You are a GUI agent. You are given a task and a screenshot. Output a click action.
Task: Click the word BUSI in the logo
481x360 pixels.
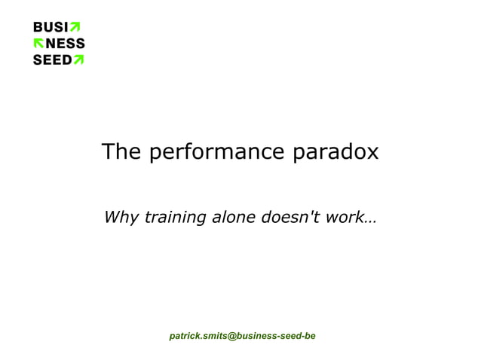click(x=47, y=28)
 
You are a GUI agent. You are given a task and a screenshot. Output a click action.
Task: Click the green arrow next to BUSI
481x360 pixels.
click(x=74, y=28)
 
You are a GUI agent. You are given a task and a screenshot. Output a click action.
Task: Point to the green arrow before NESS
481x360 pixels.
click(x=38, y=44)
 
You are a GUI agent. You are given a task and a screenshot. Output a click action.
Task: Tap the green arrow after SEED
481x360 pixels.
click(x=78, y=59)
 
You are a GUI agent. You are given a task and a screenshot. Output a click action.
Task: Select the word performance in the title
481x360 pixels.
click(x=216, y=154)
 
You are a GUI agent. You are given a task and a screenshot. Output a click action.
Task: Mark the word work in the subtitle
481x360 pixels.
click(x=346, y=218)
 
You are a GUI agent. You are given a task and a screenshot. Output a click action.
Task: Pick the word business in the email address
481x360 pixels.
click(x=256, y=335)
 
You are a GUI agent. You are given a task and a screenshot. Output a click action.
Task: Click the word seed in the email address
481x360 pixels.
click(x=290, y=335)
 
